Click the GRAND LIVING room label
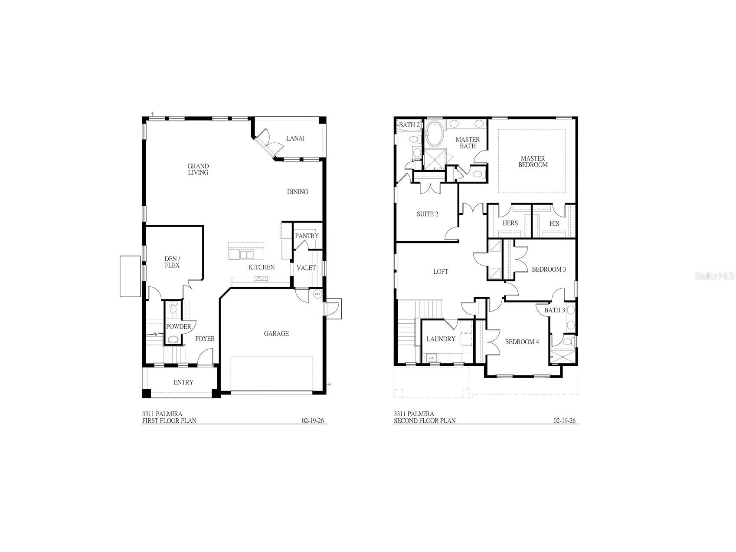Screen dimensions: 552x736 198,169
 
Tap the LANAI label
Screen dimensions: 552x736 295,138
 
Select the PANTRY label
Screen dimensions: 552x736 307,236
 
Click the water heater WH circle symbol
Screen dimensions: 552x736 317,294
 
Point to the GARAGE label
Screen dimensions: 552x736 276,334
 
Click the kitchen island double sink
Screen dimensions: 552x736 246,254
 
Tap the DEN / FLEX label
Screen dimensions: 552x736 172,262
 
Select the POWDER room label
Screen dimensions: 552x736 178,327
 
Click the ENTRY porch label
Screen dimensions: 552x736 183,382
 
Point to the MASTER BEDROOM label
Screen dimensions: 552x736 533,162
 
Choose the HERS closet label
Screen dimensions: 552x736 510,223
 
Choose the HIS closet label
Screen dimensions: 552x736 554,223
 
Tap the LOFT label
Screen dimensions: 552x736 441,272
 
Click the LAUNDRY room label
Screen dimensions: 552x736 441,339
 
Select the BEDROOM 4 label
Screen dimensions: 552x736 522,342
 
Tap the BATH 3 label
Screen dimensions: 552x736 554,310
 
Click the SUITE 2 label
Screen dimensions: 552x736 427,214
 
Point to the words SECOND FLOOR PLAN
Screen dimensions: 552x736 425,421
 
